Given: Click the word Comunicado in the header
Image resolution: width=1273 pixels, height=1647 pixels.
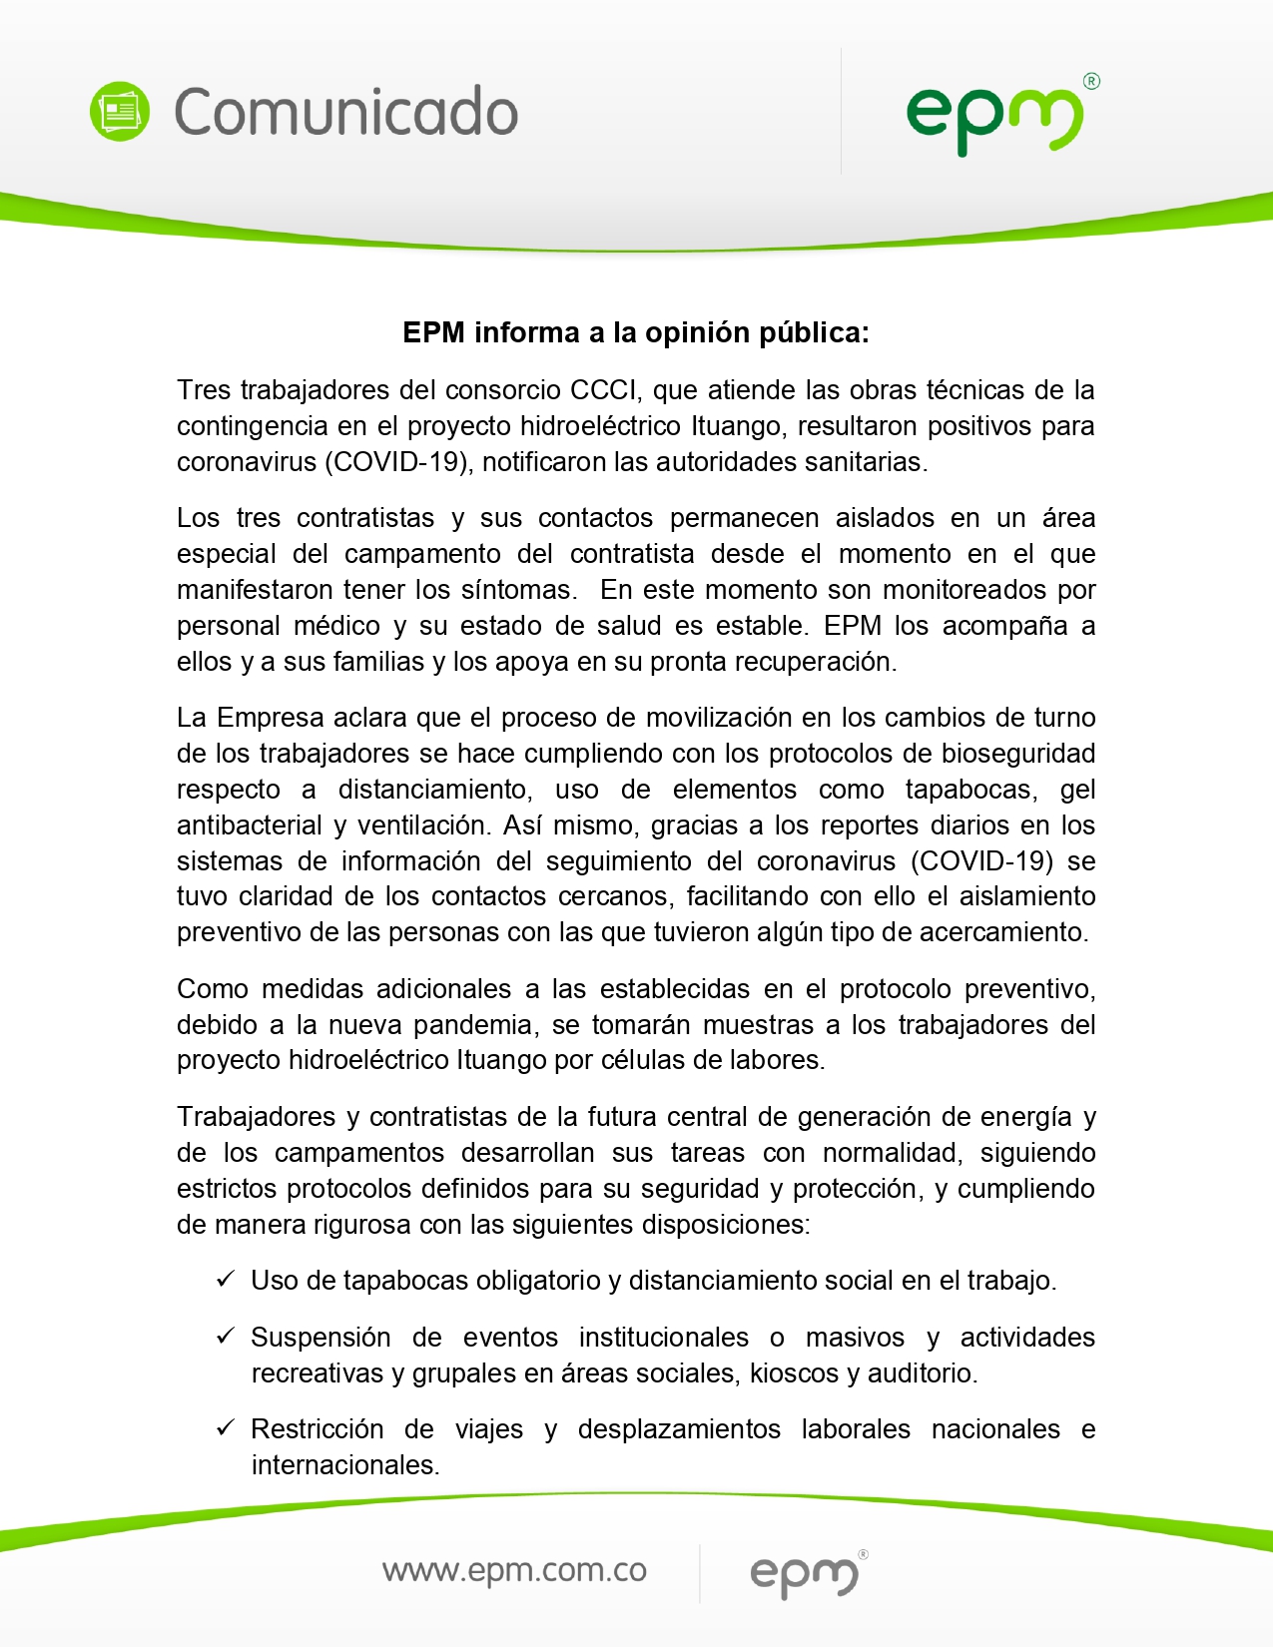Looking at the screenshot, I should (345, 111).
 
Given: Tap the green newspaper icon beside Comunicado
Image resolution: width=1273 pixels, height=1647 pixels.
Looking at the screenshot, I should (120, 111).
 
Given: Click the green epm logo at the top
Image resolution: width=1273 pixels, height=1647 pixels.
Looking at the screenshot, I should (994, 118).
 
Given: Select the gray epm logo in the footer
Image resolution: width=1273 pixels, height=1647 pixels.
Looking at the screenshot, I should (804, 1574).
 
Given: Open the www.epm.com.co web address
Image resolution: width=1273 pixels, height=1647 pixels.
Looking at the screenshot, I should (514, 1570).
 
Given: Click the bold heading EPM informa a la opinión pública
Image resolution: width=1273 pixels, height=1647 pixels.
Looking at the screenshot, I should (636, 332).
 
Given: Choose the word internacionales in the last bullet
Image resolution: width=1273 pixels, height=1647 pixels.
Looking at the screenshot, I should (344, 1465).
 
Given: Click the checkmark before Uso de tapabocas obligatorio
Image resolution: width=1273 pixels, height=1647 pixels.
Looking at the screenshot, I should (226, 1280).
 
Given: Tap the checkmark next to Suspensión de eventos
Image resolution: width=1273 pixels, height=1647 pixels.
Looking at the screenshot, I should (226, 1337).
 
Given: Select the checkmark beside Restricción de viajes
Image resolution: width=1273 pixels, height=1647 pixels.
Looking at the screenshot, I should (226, 1428).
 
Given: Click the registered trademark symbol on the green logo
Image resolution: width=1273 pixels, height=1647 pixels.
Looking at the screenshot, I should (1091, 82).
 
